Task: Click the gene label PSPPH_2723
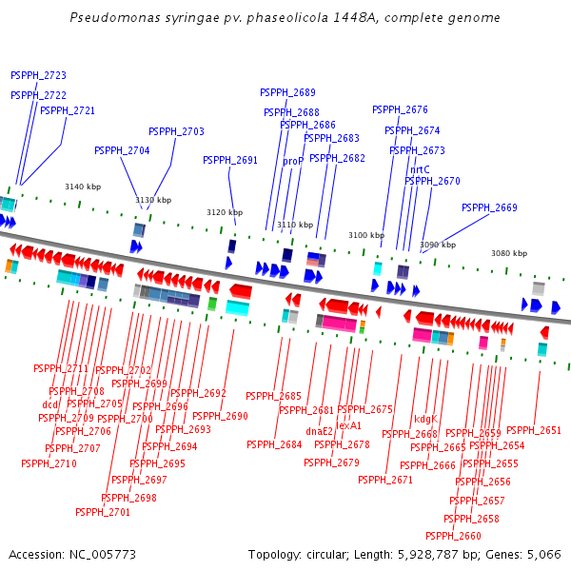tap(38, 75)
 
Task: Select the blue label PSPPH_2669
tap(489, 207)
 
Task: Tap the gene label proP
tap(293, 162)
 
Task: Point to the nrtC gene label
tap(420, 169)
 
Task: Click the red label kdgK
tap(425, 419)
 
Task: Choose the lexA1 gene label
tap(349, 425)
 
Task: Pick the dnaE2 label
tap(320, 431)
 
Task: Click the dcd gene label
tap(49, 404)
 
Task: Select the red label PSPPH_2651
tap(534, 430)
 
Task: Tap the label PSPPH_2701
tap(103, 512)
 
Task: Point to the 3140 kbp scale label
tap(82, 187)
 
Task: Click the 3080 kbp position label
tap(508, 253)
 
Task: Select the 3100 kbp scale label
tap(365, 235)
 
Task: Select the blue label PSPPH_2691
tap(230, 160)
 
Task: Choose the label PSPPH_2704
tap(122, 150)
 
